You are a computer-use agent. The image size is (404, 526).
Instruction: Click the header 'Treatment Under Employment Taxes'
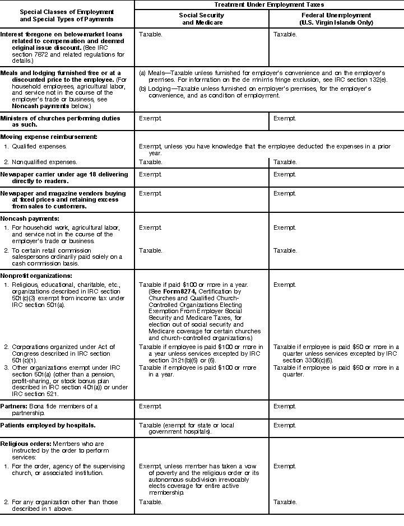[x=269, y=4]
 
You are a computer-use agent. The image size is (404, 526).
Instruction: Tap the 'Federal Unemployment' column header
[x=336, y=19]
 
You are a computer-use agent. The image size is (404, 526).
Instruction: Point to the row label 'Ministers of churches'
[x=60, y=119]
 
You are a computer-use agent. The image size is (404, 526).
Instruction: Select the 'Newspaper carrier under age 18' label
[x=64, y=174]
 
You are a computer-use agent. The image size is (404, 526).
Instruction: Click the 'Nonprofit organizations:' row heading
[x=36, y=276]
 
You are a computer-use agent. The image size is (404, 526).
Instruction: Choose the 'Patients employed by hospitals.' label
[x=48, y=425]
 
